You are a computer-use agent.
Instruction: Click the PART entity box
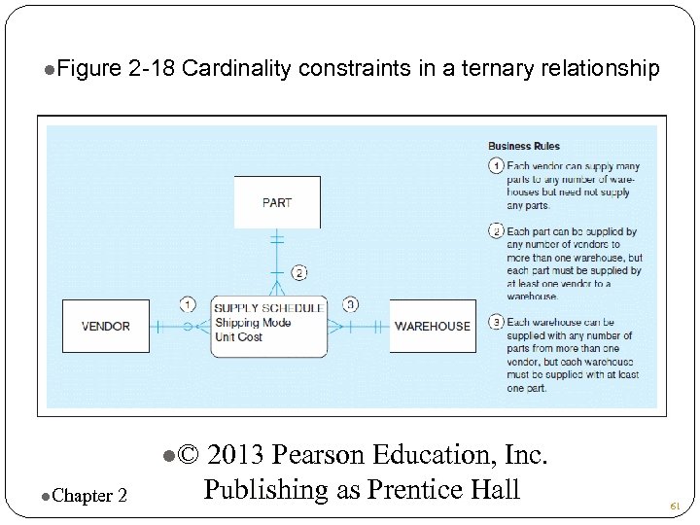click(x=277, y=202)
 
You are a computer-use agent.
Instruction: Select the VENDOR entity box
click(x=106, y=327)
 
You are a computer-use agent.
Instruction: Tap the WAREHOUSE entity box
click(x=433, y=327)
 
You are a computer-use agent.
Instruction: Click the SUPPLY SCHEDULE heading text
click(x=268, y=309)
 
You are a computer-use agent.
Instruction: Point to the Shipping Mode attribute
click(x=252, y=323)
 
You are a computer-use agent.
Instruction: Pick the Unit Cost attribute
click(x=239, y=337)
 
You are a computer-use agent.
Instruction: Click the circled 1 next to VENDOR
click(x=188, y=303)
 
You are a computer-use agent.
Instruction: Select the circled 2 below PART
click(x=299, y=273)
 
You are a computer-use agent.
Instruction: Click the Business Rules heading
click(x=523, y=147)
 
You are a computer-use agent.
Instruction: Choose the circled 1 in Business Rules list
click(x=496, y=166)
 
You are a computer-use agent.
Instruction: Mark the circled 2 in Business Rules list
click(x=496, y=232)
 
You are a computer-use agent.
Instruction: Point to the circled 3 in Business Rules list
click(x=496, y=323)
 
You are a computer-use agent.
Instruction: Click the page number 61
click(x=675, y=507)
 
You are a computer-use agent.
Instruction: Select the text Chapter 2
click(x=91, y=496)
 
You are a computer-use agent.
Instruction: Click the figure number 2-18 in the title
click(x=152, y=69)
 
